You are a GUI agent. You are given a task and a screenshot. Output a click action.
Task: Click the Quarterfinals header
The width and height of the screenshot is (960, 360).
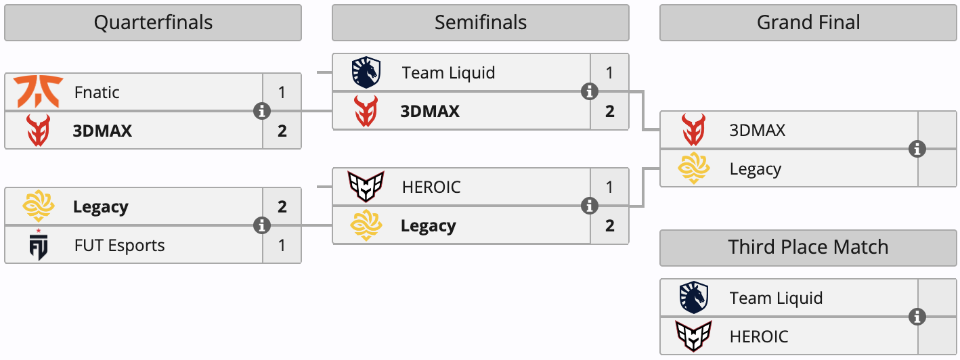153,23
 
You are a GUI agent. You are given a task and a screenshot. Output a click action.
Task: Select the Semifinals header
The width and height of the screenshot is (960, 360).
481,23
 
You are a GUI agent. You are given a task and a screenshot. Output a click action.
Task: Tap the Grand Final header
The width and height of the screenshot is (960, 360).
808,23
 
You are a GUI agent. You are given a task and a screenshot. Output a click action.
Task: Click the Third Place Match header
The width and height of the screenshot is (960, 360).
808,247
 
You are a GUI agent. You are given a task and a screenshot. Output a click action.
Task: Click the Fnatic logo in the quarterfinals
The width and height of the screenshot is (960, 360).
38,92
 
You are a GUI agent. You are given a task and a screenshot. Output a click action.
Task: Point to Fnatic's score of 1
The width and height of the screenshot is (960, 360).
282,92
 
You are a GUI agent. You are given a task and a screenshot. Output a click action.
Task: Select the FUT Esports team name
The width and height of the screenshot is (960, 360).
120,246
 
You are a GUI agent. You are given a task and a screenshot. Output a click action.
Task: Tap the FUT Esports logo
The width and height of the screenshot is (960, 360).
38,245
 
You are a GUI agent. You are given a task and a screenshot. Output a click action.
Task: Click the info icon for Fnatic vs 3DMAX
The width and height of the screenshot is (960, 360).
262,111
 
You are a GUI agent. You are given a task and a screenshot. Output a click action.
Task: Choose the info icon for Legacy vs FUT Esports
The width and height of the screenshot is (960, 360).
262,225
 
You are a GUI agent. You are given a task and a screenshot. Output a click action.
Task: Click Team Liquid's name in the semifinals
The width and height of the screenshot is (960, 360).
448,73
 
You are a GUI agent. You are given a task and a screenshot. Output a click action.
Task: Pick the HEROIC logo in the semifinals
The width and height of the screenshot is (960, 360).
366,187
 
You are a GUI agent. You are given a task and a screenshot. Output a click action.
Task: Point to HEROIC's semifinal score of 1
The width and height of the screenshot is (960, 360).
609,187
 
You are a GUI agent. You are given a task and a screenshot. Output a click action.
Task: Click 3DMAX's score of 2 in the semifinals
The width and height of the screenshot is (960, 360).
609,112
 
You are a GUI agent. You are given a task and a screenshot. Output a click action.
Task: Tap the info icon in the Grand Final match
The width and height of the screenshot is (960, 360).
917,149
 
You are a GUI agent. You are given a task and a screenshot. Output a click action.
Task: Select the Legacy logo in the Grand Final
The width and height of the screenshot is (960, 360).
694,168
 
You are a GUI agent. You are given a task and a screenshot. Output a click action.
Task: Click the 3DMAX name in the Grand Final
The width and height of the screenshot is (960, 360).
758,131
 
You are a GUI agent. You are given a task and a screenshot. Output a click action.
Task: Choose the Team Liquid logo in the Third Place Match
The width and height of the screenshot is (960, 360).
694,297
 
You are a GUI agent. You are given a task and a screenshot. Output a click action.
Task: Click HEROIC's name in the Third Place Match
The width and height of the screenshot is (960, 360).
759,337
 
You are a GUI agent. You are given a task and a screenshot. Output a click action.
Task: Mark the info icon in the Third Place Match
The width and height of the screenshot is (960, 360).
917,317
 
